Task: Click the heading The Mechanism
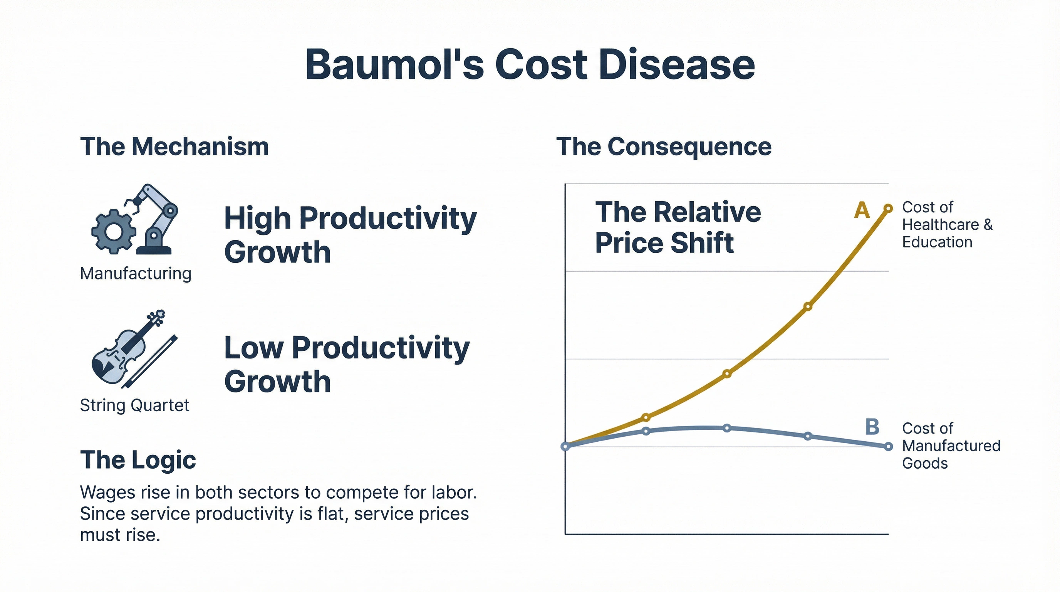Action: click(174, 146)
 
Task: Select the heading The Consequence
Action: click(663, 146)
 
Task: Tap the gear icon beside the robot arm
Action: click(114, 231)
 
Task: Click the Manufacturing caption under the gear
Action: click(135, 273)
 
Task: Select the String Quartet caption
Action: click(134, 405)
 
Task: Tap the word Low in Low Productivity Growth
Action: click(253, 348)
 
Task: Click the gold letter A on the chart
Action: click(862, 211)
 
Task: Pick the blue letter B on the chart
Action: click(872, 427)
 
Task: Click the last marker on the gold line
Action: click(888, 208)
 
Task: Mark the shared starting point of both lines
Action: click(566, 446)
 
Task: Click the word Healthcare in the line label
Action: click(940, 225)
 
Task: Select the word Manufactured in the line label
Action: click(951, 446)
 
